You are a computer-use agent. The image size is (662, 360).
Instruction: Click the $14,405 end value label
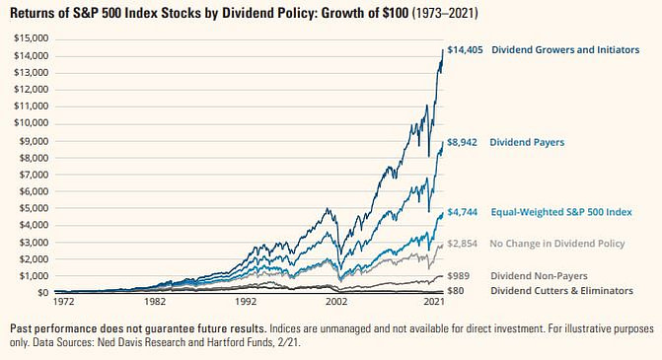(x=466, y=48)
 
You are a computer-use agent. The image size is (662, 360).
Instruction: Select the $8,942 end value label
(x=463, y=142)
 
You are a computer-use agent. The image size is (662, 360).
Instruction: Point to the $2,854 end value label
(x=463, y=243)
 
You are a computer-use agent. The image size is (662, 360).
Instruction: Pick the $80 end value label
(x=457, y=291)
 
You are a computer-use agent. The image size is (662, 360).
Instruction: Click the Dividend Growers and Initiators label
(x=564, y=48)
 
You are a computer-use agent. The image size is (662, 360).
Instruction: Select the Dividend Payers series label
(x=528, y=142)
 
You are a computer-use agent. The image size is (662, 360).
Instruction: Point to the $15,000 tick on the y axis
(x=31, y=38)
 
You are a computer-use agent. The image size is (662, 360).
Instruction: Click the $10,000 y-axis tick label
(x=31, y=123)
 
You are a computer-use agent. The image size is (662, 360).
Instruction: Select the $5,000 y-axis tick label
(x=33, y=208)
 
